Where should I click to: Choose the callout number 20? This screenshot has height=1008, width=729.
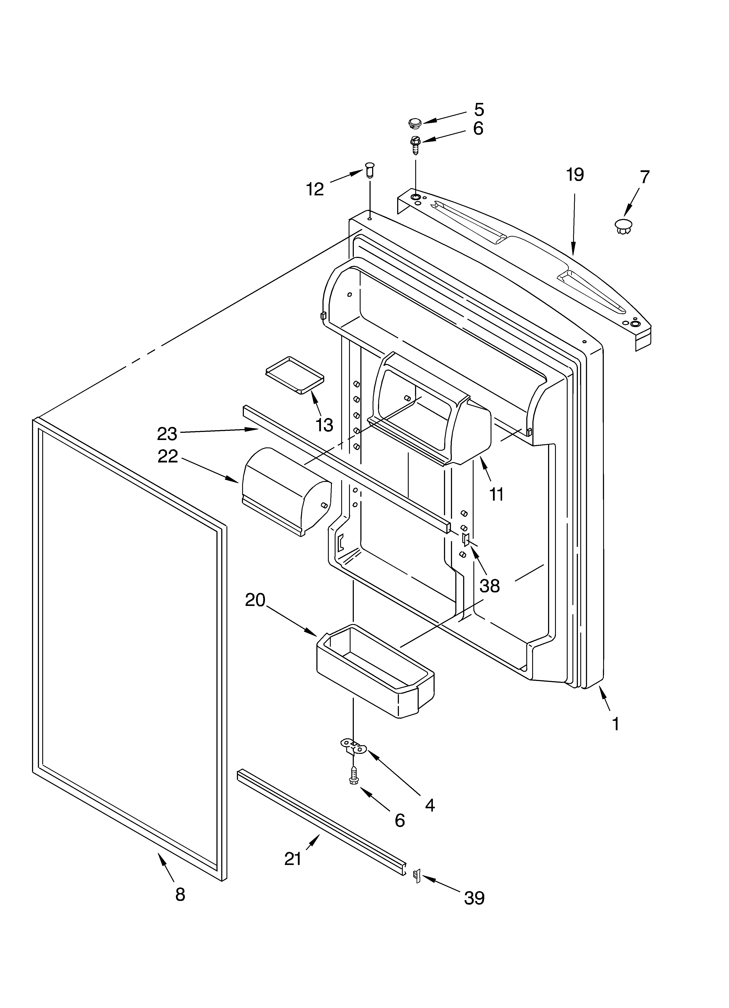(255, 600)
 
